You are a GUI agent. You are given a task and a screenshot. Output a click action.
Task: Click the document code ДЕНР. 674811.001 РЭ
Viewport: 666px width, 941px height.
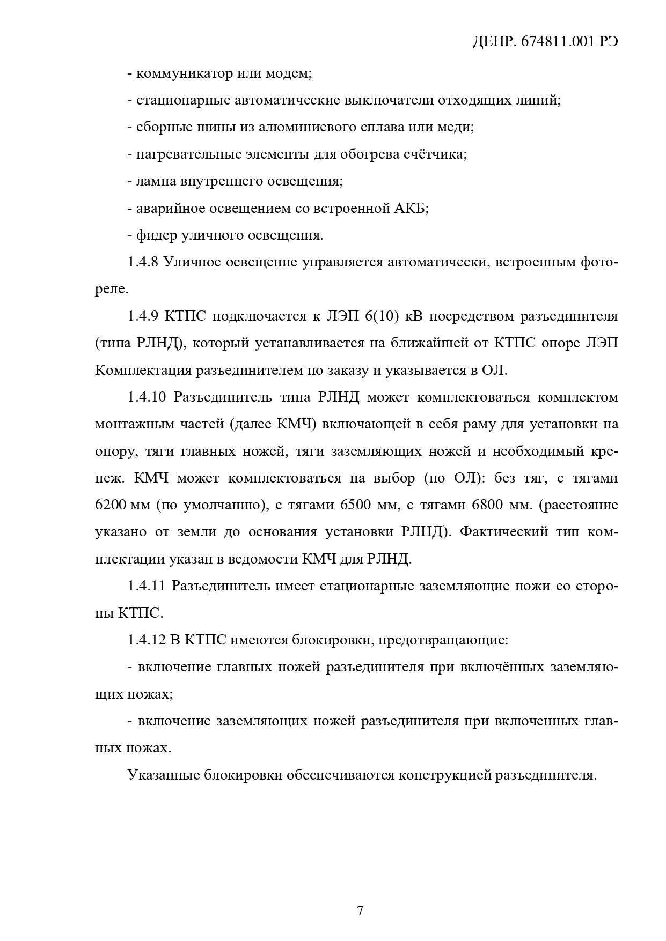click(x=545, y=43)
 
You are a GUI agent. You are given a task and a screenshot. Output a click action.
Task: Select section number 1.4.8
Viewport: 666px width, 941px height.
click(x=143, y=263)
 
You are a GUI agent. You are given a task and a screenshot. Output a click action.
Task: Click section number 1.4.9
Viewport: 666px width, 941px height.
click(x=143, y=316)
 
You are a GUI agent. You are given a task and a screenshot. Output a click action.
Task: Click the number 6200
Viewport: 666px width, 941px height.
click(x=111, y=506)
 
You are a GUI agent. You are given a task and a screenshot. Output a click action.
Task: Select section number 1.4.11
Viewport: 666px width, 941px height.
click(x=146, y=586)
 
